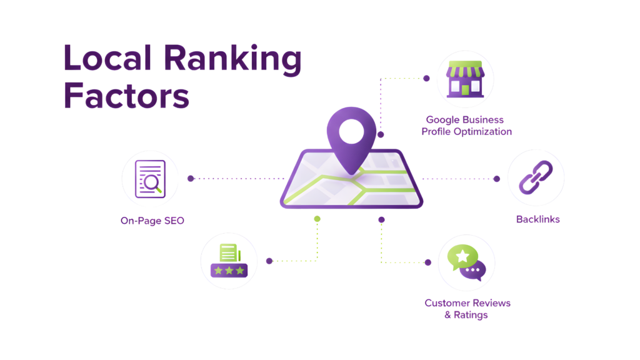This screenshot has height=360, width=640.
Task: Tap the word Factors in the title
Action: [x=127, y=96]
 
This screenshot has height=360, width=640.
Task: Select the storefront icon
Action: [x=465, y=79]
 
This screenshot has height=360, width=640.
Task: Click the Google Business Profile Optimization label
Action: [x=466, y=126]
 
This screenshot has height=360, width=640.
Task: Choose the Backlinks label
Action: [x=537, y=219]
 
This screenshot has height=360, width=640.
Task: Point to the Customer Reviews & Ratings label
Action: [x=467, y=309]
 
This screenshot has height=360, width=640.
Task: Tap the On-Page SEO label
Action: [x=152, y=221]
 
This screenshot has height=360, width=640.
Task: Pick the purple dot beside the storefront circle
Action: [x=426, y=79]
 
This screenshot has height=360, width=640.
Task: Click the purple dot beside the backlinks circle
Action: [x=497, y=179]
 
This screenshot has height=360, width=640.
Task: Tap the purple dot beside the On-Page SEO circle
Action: [x=191, y=178]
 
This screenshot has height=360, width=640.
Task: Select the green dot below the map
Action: [x=317, y=219]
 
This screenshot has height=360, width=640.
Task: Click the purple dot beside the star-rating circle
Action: [x=269, y=261]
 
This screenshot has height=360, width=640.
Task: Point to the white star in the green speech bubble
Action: [x=462, y=256]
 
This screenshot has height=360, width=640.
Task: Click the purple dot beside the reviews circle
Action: [x=428, y=262]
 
